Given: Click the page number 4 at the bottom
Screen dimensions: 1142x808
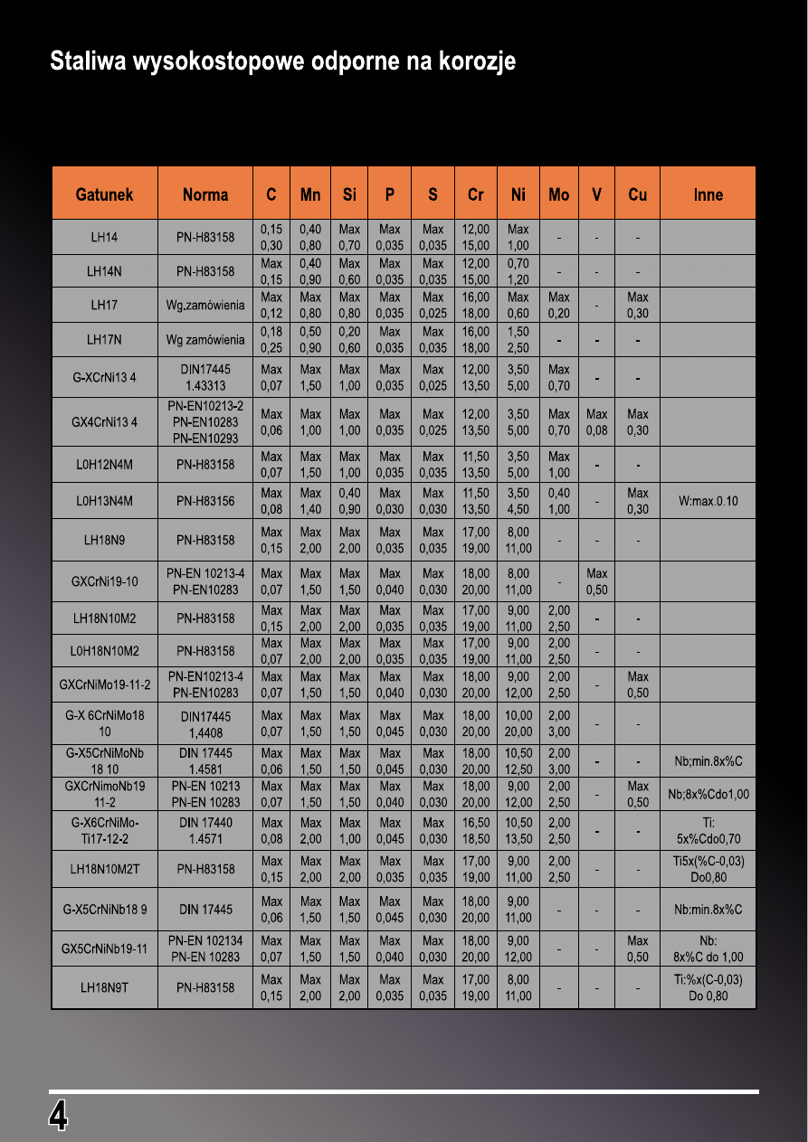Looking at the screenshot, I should point(58,1116).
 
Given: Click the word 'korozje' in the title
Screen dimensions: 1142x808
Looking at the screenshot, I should point(477,62).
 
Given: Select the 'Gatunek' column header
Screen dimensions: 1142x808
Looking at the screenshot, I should point(104,194).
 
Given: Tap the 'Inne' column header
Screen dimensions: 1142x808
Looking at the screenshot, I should point(708,194).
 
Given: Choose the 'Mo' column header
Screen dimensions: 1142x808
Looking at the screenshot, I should point(558,194).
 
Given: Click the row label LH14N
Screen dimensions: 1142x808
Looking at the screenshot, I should point(104,271).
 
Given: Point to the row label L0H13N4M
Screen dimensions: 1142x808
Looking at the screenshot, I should point(104,501).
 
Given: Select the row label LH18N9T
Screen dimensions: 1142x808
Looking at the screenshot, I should point(104,988).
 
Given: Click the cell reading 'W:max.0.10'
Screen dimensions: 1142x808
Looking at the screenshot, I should point(708,501).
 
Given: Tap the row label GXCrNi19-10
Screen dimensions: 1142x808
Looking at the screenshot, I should point(104,581).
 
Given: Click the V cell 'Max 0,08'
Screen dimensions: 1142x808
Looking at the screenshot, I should point(596,422).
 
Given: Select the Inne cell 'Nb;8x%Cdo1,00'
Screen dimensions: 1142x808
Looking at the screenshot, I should point(708,794).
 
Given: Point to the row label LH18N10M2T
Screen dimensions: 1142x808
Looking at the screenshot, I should point(104,869).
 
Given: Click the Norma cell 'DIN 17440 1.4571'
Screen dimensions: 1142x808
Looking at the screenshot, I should point(205,831).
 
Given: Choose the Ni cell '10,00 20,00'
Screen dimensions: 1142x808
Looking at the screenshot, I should point(518,722).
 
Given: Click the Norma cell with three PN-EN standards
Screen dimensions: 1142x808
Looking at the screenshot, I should point(205,422).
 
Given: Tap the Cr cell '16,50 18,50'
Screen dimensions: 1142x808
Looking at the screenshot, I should point(475,831).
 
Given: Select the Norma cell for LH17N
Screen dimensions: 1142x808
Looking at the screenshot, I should point(205,340).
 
